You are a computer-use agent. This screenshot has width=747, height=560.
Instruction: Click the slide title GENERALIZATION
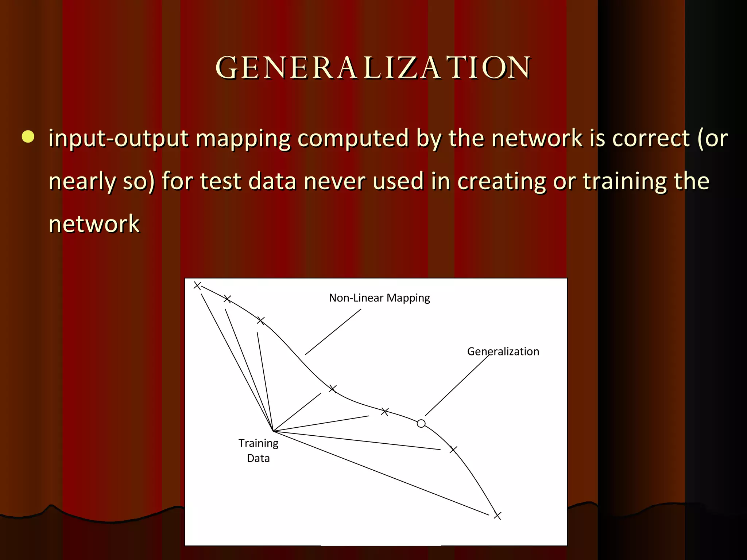point(373,68)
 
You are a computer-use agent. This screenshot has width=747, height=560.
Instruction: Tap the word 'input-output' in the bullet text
point(119,139)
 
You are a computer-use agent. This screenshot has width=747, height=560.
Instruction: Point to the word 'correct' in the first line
point(651,139)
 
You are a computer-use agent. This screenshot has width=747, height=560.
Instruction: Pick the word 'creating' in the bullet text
point(502,182)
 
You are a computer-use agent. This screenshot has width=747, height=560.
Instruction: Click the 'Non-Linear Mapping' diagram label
point(379,298)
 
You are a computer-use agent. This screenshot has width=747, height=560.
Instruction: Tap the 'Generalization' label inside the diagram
point(503,351)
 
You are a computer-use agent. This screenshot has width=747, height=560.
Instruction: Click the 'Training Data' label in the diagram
point(258,451)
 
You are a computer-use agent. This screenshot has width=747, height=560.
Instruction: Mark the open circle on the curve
point(421,423)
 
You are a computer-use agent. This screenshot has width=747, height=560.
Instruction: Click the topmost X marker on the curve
point(197,285)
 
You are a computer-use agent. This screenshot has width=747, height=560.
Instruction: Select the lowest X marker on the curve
point(497,516)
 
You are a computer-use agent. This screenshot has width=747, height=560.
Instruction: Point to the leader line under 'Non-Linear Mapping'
point(333,332)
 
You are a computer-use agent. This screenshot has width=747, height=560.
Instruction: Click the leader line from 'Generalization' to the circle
point(457,385)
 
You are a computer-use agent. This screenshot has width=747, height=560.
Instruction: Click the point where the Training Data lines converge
point(273,431)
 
